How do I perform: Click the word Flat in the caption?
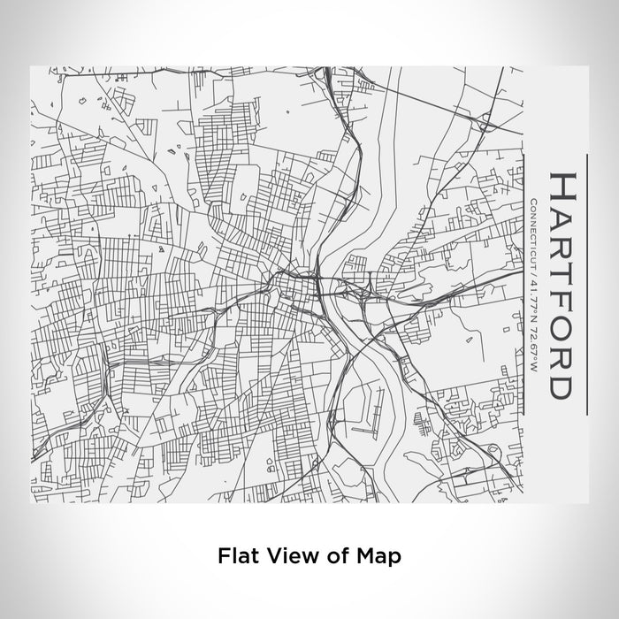(x=235, y=556)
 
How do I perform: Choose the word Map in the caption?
(x=378, y=556)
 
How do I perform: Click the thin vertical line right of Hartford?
(x=587, y=283)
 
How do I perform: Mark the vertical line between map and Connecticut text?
(x=523, y=283)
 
